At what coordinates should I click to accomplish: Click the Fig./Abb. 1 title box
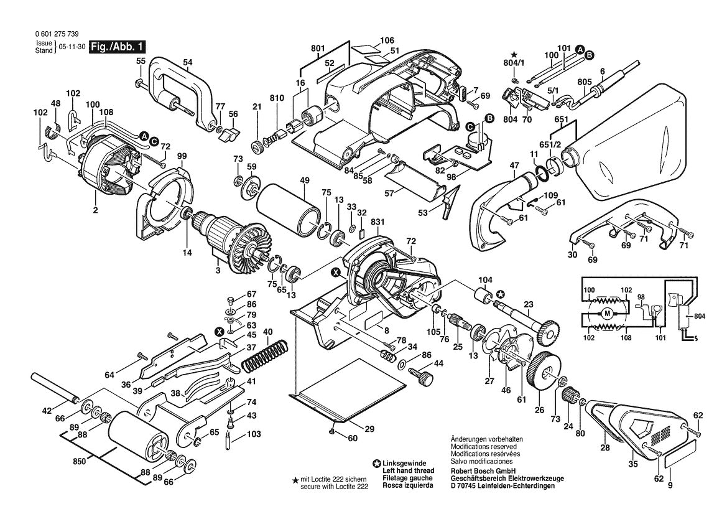pos(118,47)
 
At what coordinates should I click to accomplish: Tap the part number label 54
pos(188,62)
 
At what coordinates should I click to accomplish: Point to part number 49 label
pos(305,181)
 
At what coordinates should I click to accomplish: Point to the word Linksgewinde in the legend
pos(406,464)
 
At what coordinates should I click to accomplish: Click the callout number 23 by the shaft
pos(529,305)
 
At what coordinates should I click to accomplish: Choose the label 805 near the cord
pos(584,82)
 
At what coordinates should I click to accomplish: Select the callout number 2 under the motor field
pos(96,211)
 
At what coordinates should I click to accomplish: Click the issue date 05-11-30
pos(72,47)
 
